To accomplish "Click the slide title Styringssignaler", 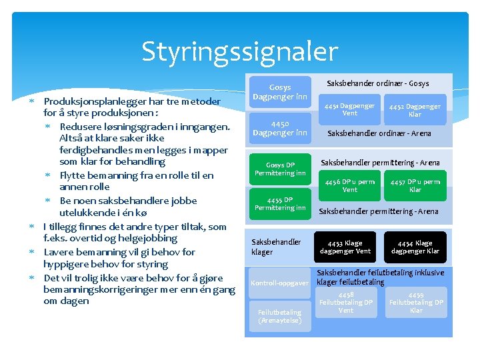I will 240,51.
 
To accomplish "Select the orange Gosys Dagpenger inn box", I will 280,92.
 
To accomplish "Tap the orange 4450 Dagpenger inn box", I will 280,128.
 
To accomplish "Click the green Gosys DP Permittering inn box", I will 280,169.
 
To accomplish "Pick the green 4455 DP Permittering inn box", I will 280,204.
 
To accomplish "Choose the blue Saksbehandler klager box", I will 276,247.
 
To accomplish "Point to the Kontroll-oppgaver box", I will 279,283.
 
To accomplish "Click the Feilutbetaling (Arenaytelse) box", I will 280,317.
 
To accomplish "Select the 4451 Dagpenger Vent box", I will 349,109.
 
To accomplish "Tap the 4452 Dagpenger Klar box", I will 415,110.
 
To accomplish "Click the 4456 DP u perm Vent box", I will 349,185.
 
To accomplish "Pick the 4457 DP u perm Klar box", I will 415,185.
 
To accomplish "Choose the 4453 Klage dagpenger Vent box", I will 345,247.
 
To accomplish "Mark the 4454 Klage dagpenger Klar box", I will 415,247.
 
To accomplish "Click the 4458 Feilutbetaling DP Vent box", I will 346,302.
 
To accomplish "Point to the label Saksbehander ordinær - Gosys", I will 377,83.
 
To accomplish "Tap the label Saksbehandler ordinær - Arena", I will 379,133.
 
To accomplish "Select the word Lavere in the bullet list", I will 59,252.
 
